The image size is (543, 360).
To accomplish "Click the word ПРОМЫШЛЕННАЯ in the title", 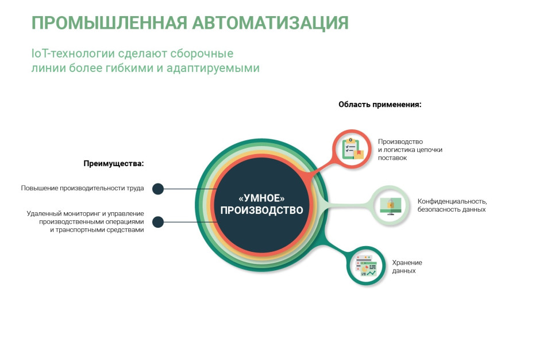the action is point(109,23).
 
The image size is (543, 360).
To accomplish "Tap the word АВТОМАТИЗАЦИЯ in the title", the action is point(270,23).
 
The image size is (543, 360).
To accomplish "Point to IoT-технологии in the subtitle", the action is point(73,53).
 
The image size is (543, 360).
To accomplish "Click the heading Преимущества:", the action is point(114,163).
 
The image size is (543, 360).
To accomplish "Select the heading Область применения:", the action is point(380,104).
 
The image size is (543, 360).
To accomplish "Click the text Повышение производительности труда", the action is point(82,188).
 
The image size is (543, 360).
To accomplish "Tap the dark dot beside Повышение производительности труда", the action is point(158,189).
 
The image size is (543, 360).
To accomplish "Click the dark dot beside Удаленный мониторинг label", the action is point(158,222).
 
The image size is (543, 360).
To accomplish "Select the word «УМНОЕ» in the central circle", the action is point(262,198).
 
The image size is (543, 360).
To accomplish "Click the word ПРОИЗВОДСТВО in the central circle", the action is point(262,210).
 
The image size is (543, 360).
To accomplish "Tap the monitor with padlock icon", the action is point(390,206).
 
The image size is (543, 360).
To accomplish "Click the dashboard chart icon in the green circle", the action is point(366,266).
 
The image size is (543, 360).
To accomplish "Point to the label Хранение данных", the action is point(407,267).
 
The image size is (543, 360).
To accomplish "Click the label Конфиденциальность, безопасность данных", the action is point(452,205).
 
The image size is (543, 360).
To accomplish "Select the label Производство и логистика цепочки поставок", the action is point(410,150).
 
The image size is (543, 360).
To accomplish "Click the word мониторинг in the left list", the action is point(82,213).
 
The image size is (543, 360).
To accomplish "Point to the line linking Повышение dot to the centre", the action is point(190,189).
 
